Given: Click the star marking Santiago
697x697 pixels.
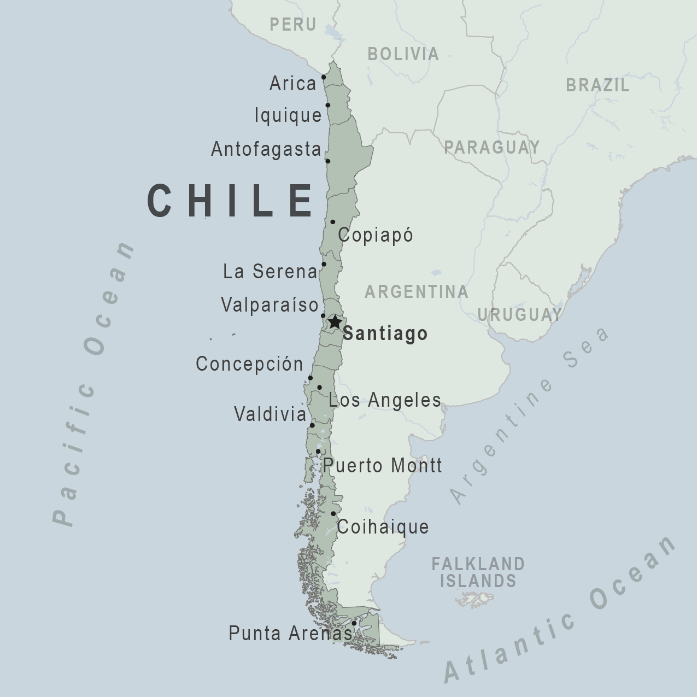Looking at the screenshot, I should [335, 322].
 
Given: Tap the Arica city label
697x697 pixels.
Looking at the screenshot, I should [293, 84].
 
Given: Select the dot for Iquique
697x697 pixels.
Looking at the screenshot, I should [328, 106].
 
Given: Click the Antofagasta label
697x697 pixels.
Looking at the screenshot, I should [266, 149].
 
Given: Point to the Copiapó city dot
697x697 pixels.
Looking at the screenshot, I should [333, 222].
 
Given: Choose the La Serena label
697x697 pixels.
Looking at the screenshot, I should [270, 271].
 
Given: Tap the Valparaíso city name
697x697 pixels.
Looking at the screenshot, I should [270, 304].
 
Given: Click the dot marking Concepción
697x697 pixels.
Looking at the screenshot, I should [311, 378].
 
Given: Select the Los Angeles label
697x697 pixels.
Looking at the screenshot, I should [385, 400].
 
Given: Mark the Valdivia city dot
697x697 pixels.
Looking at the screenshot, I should [312, 425].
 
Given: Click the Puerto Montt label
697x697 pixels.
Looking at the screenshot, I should [383, 466].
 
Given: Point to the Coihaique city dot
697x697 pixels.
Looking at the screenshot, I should [333, 514].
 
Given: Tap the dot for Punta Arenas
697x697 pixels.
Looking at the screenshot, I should [354, 623].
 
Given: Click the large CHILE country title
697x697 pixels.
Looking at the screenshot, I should [231, 201].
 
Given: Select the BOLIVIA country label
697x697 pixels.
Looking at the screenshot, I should [403, 54].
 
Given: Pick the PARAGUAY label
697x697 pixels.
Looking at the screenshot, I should [491, 147].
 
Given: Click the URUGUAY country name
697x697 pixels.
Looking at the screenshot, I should [519, 314].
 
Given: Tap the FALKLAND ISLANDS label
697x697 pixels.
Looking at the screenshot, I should [478, 572].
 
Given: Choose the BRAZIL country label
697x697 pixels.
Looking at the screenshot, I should [598, 85].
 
